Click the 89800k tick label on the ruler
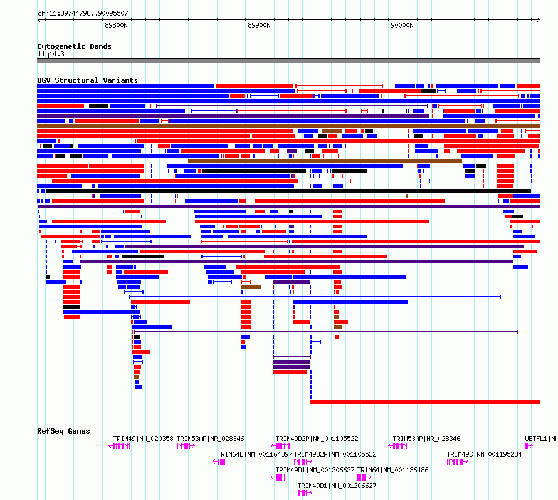(x=116, y=25)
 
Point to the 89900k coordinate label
(x=259, y=25)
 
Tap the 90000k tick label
(x=402, y=25)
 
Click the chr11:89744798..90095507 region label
(x=83, y=13)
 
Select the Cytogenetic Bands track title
(x=75, y=46)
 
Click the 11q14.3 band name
(x=51, y=54)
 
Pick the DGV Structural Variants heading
(x=88, y=80)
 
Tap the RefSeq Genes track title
(x=63, y=431)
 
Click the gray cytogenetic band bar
(x=288, y=61)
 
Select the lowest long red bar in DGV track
(x=425, y=402)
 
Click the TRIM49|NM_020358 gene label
(x=143, y=439)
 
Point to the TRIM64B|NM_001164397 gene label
(x=255, y=454)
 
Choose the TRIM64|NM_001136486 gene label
(x=392, y=470)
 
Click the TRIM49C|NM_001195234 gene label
(x=484, y=454)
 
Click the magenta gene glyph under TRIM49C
(x=457, y=462)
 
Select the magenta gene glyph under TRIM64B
(x=219, y=462)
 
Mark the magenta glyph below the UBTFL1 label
(x=529, y=446)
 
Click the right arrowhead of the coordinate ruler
(x=539, y=20)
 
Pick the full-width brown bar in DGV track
(x=288, y=126)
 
